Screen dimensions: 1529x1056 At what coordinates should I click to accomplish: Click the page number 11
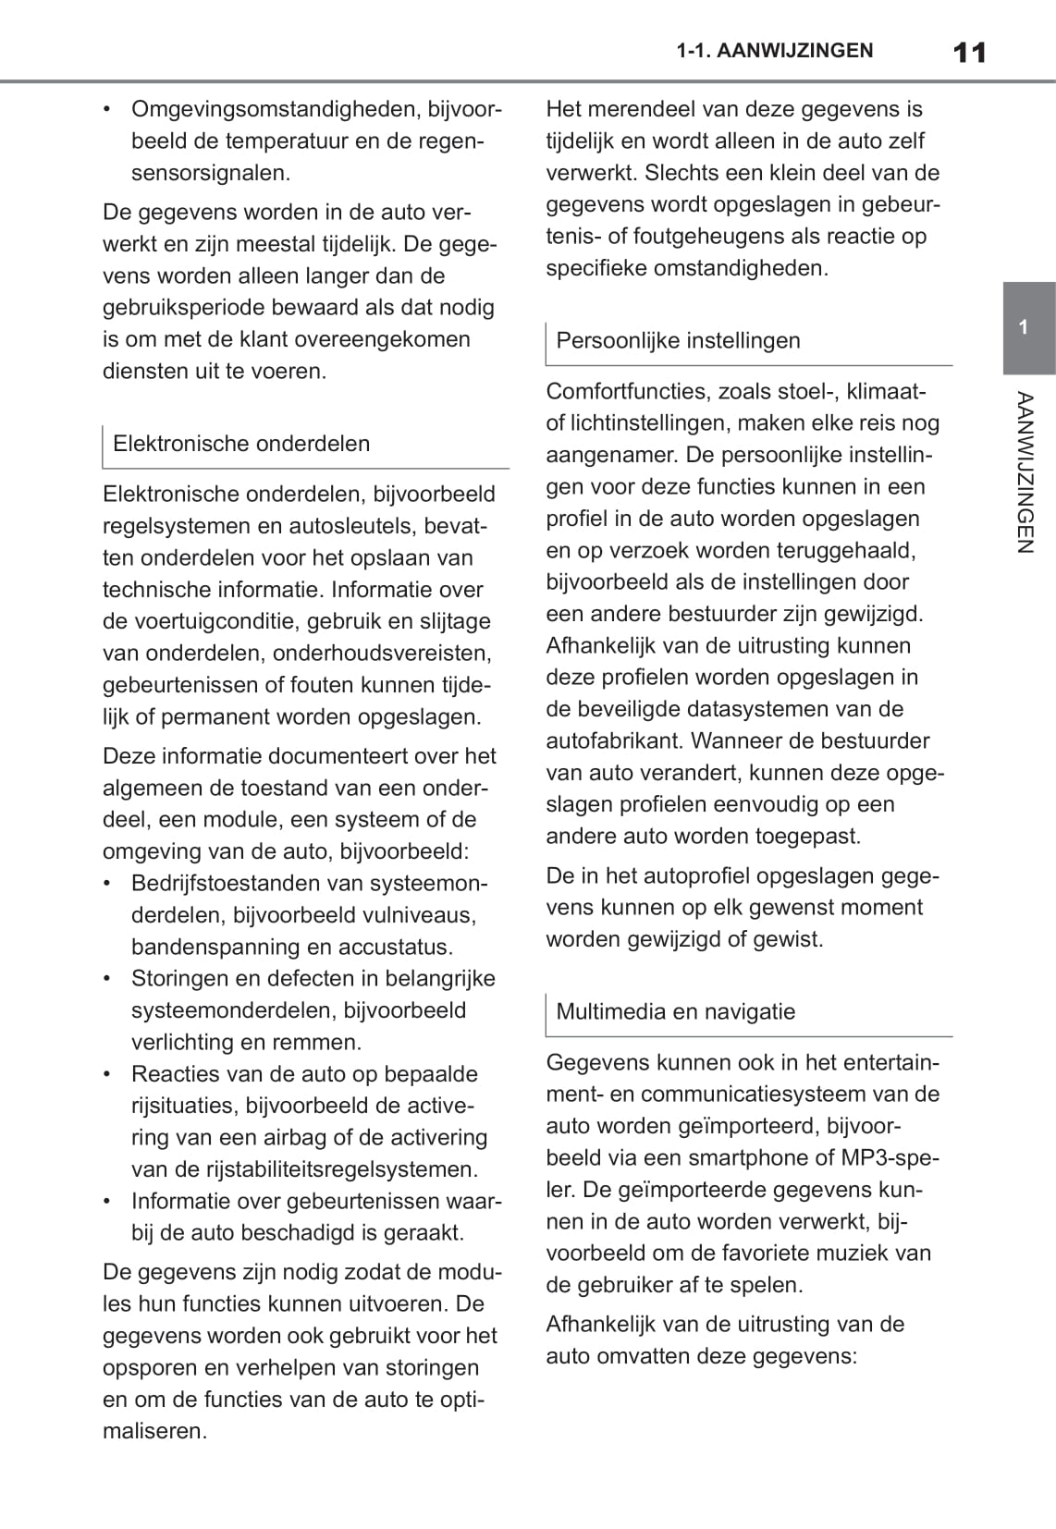(968, 52)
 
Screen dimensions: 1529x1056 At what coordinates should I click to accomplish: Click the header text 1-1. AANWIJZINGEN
(774, 51)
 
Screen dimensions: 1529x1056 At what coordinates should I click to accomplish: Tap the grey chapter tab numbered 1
(1024, 327)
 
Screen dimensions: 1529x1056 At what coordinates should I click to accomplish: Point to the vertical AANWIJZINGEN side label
(1024, 471)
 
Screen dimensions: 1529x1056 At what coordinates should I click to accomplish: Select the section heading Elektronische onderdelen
(241, 444)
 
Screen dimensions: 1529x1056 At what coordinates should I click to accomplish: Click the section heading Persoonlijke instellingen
(678, 341)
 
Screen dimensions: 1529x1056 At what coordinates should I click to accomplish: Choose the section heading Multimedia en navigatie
(675, 1011)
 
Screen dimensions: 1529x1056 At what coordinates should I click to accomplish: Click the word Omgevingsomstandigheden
(276, 110)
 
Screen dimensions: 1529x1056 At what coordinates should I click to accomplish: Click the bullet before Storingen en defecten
(110, 979)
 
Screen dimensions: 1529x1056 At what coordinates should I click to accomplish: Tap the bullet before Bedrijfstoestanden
(110, 884)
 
